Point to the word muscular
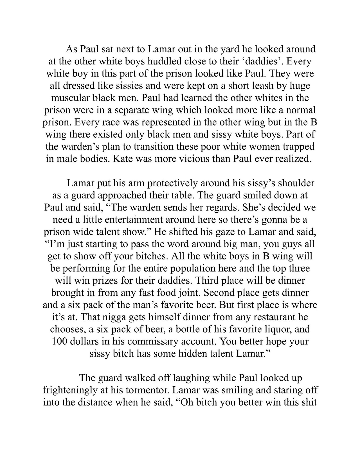[71, 98]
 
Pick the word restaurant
[274, 317]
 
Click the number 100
[59, 341]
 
